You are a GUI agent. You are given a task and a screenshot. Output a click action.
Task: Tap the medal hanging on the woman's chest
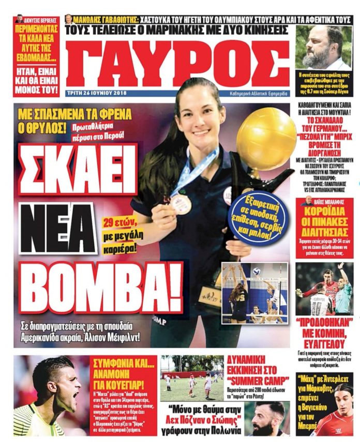181,203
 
